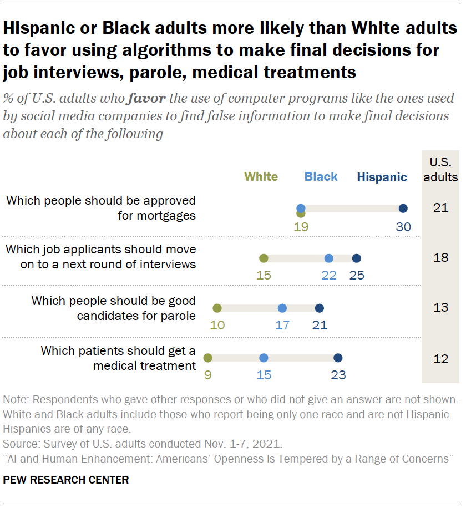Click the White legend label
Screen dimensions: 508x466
click(261, 177)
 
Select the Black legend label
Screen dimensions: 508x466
click(321, 177)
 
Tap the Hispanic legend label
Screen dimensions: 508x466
click(382, 177)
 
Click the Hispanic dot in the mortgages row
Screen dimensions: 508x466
click(403, 209)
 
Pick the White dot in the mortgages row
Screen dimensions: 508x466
click(301, 213)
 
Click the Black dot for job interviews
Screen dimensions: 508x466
click(328, 258)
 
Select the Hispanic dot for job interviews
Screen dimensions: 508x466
click(356, 258)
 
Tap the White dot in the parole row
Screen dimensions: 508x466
click(217, 308)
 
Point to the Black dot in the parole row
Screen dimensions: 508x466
click(282, 308)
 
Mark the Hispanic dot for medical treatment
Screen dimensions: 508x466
click(338, 358)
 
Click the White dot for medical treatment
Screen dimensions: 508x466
click(207, 358)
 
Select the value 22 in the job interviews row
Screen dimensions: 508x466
click(328, 275)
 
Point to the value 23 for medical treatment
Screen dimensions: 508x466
click(338, 375)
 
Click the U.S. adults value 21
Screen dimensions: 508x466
click(440, 208)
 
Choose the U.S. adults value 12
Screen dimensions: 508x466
click(440, 358)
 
